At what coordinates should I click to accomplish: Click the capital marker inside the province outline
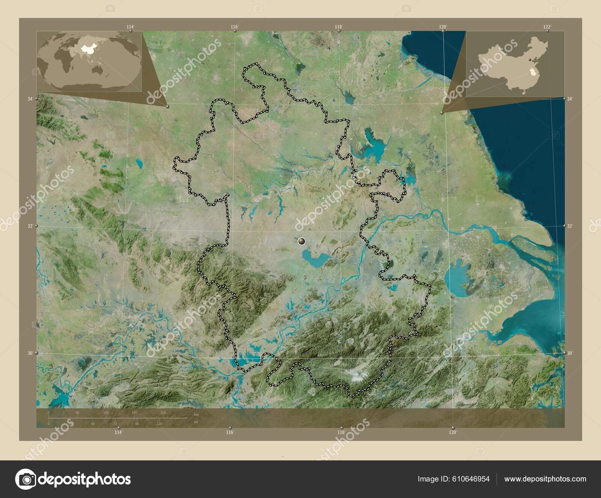pos(301,241)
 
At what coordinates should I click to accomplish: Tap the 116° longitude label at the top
pos(235,27)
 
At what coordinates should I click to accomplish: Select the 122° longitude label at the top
pos(547,27)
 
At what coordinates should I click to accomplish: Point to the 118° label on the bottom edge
pos(341,433)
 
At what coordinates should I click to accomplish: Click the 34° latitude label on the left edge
pos(30,99)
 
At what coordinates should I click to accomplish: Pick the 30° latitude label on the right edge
pos(570,353)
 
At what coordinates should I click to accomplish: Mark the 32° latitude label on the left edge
pos(30,226)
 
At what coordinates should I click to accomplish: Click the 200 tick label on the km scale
pos(163,413)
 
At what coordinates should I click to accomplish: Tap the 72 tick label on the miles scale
pos(115,424)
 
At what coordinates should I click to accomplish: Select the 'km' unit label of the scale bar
pos(196,414)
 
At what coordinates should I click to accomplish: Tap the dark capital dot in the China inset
pos(530,60)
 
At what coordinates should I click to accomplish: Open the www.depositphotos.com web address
pos(545,479)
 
